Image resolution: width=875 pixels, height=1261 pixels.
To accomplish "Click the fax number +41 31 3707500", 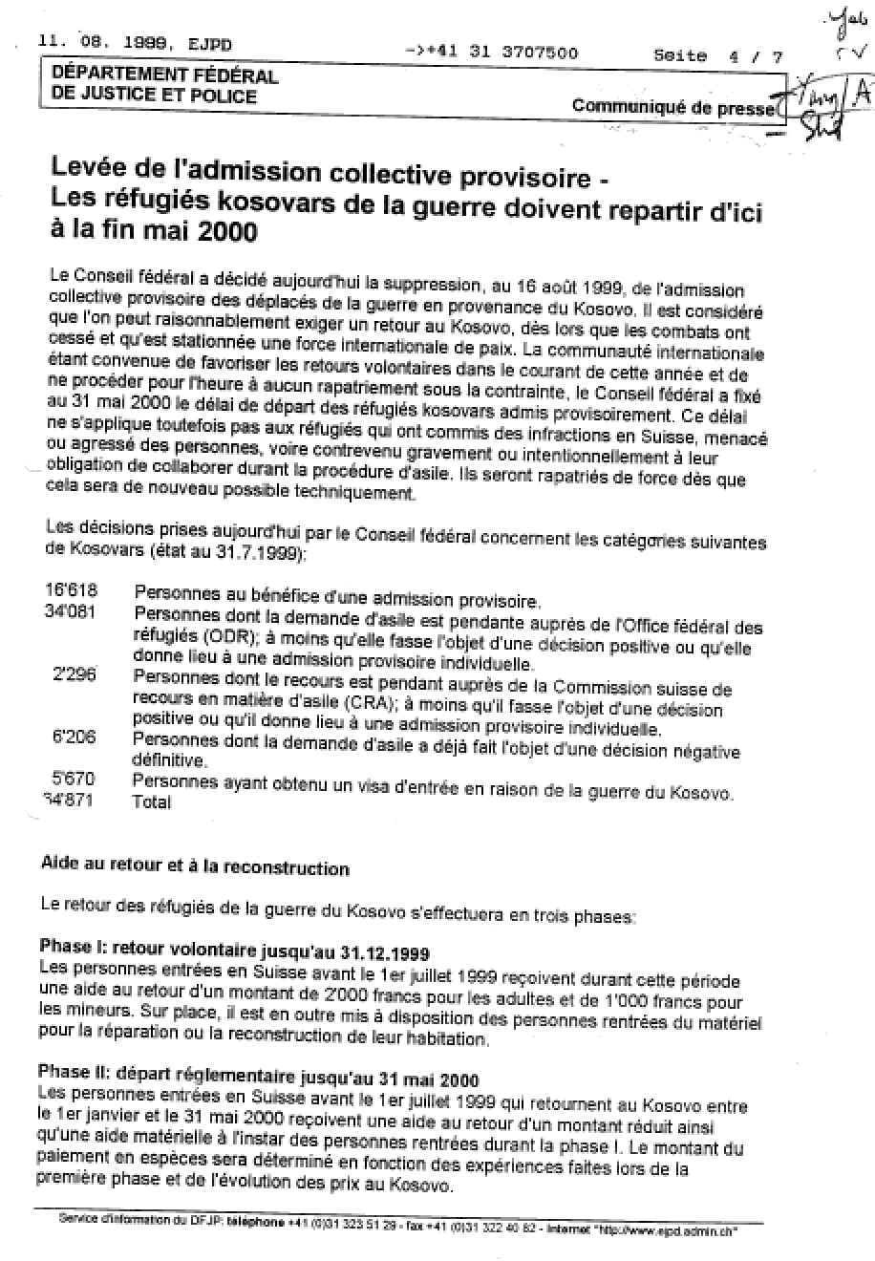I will [x=505, y=53].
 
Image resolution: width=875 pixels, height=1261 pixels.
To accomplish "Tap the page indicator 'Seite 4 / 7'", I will [x=717, y=56].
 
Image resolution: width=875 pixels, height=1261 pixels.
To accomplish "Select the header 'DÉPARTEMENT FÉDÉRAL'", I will [x=164, y=76].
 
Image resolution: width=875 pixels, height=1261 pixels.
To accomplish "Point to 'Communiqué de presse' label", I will [x=672, y=107].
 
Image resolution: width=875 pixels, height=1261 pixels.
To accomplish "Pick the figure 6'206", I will [x=75, y=738].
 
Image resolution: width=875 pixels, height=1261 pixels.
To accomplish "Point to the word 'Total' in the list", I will [x=152, y=802].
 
